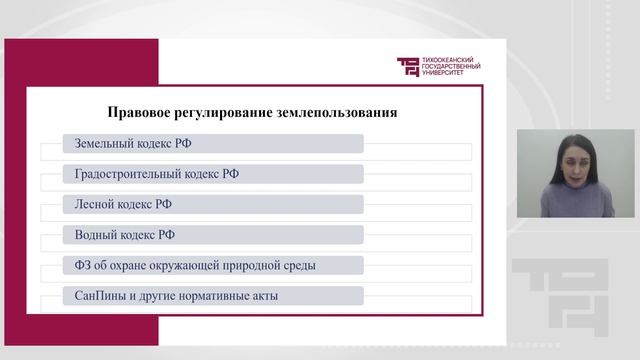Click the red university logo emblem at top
[408, 67]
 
